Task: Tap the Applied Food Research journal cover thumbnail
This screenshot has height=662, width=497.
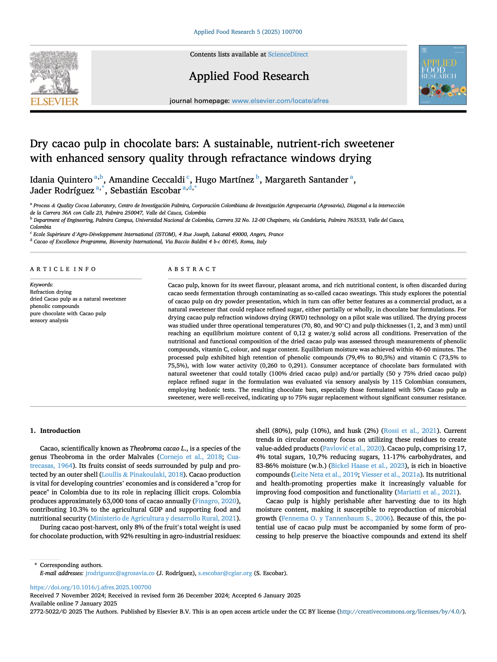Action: tap(442, 75)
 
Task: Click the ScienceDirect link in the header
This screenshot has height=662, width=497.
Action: tap(288, 55)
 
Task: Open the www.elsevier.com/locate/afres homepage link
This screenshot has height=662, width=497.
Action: tap(280, 101)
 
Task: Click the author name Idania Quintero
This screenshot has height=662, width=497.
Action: tap(61, 180)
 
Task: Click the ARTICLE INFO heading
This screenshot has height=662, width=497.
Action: tap(63, 269)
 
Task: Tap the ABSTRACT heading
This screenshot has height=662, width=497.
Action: tap(192, 269)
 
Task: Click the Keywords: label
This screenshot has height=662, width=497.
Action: tap(42, 285)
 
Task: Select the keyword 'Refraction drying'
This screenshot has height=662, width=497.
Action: tap(51, 292)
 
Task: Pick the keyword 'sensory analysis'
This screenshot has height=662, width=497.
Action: tap(49, 321)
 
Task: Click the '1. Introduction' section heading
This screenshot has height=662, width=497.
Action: tap(55, 431)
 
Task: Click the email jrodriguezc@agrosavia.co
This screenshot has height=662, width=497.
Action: tap(120, 573)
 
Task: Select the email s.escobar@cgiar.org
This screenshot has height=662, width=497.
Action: tap(225, 573)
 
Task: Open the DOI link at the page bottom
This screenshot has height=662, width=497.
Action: tap(91, 587)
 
